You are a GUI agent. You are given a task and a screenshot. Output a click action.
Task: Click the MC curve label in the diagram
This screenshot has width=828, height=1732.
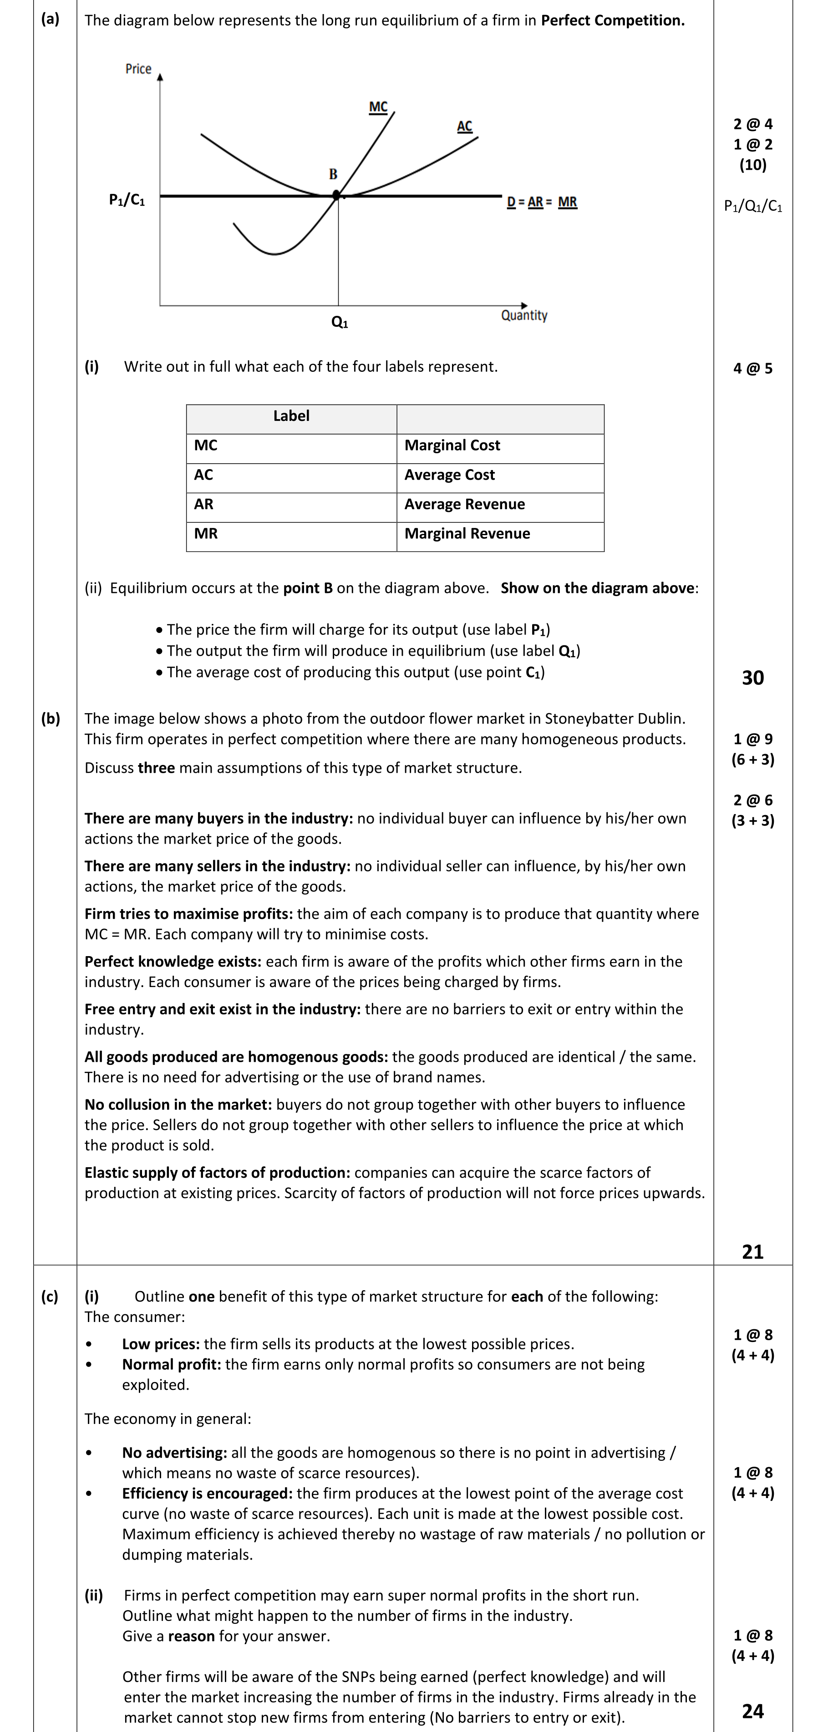(378, 107)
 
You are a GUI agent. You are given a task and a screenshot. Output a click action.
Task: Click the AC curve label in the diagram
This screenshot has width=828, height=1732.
(464, 127)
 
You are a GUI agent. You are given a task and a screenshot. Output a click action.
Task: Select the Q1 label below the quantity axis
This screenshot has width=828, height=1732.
(340, 322)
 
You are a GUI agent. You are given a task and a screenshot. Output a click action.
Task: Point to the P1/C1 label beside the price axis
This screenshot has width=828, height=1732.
(127, 200)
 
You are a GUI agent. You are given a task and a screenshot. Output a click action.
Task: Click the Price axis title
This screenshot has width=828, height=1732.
(138, 69)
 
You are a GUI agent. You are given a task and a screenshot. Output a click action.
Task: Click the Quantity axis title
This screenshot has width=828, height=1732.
(524, 315)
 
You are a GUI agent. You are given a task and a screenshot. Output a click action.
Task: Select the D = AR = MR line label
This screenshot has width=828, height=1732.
(542, 202)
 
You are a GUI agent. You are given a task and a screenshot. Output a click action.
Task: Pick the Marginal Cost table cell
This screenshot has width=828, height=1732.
(452, 445)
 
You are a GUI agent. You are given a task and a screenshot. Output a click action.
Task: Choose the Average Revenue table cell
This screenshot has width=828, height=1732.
(464, 504)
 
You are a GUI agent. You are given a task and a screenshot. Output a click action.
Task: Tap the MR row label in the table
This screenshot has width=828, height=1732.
(206, 534)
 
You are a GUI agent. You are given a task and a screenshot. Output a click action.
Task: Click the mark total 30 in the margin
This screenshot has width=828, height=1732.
(753, 678)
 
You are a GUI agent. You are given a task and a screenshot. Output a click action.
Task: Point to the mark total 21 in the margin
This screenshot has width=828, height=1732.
(753, 1251)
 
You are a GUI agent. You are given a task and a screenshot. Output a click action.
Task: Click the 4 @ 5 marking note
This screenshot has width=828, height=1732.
(753, 369)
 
